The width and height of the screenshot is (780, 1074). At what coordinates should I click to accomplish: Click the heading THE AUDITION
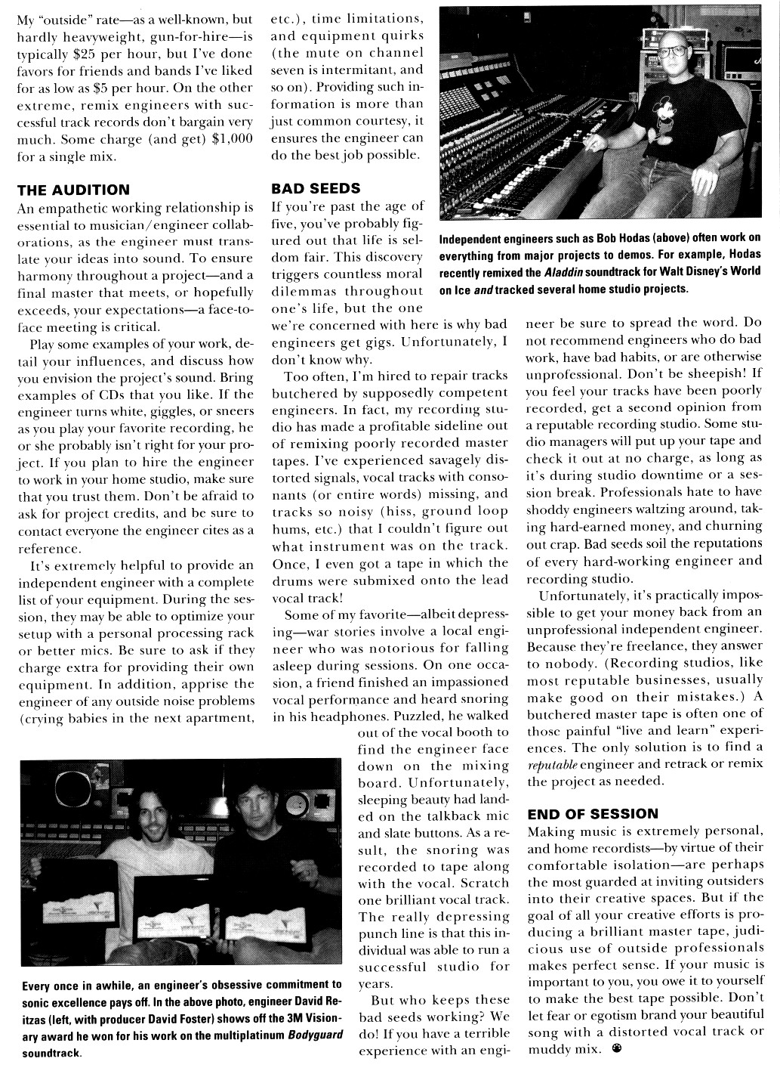(73, 190)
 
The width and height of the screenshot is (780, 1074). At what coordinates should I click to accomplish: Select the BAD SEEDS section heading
(316, 187)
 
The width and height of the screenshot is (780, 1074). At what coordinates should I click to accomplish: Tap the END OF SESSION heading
(593, 813)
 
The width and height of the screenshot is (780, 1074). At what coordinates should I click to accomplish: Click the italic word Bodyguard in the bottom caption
(316, 1034)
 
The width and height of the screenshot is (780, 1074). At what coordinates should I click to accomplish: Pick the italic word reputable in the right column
(553, 765)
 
